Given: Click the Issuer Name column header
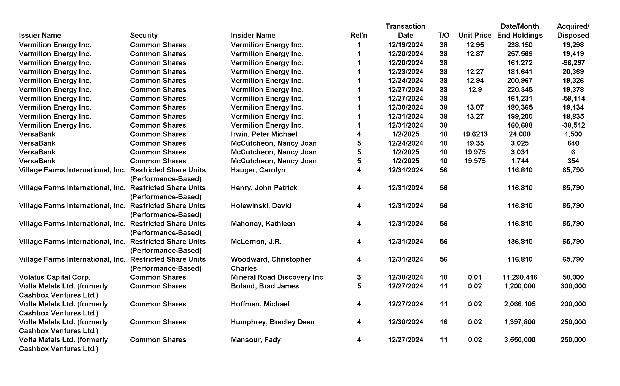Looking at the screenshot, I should pyautogui.click(x=40, y=35).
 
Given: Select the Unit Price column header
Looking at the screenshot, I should pyautogui.click(x=475, y=35).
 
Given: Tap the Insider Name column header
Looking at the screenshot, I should pyautogui.click(x=253, y=35).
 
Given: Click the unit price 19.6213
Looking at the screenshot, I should pyautogui.click(x=475, y=134).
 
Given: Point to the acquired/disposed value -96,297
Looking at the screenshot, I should pyautogui.click(x=573, y=63).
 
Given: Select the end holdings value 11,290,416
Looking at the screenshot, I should pyautogui.click(x=520, y=277).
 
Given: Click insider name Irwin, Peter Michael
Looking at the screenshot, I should pyautogui.click(x=264, y=134).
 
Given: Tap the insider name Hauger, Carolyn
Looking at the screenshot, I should pyautogui.click(x=258, y=170).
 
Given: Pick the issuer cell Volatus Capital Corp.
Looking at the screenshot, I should pyautogui.click(x=55, y=277).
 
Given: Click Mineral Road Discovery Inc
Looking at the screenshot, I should pyautogui.click(x=277, y=277).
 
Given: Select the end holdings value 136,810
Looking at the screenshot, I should pyautogui.click(x=520, y=242).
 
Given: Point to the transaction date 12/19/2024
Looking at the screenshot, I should pyautogui.click(x=405, y=45).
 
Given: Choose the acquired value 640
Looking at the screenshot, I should pyautogui.click(x=573, y=143).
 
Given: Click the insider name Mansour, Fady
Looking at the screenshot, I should pyautogui.click(x=256, y=340).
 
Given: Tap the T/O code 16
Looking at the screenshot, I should pyautogui.click(x=443, y=322).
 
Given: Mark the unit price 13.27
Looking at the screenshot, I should pyautogui.click(x=475, y=116).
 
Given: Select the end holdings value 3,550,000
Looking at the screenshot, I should pyautogui.click(x=520, y=340).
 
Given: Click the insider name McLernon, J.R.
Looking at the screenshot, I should pyautogui.click(x=256, y=242).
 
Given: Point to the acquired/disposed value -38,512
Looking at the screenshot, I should pyautogui.click(x=573, y=125).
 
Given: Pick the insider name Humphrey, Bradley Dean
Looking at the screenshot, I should pyautogui.click(x=273, y=322).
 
